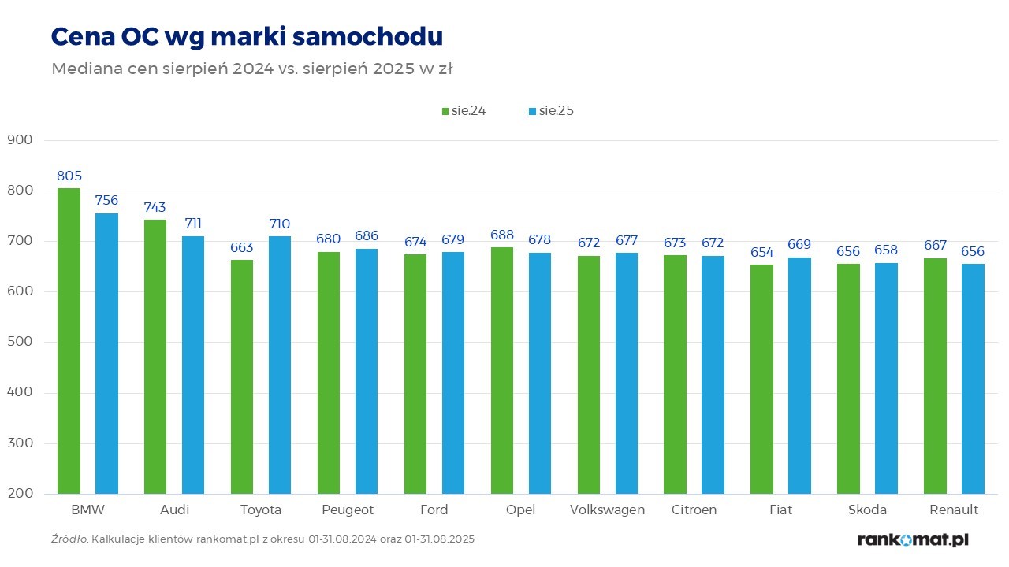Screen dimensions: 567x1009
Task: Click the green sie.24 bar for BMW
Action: (69, 341)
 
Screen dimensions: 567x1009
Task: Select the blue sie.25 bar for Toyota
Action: (280, 365)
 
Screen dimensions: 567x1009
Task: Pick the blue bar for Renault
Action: (973, 379)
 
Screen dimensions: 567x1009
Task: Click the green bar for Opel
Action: (502, 371)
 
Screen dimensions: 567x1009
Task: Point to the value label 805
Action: (69, 176)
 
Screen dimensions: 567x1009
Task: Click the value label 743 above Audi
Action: (155, 207)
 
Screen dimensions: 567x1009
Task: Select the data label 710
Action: (279, 224)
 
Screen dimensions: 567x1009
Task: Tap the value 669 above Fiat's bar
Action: (799, 244)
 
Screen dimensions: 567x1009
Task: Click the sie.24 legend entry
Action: (464, 111)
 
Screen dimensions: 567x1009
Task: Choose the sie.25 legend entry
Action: (551, 111)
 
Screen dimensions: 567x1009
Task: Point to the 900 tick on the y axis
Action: (19, 140)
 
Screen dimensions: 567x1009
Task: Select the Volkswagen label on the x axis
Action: (607, 510)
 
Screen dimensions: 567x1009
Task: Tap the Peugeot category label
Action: (348, 510)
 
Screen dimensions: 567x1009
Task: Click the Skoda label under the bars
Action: (867, 510)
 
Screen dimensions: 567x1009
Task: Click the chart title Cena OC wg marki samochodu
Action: (247, 36)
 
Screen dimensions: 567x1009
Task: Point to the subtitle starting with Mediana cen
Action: (251, 69)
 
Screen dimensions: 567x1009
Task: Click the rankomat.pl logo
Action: (912, 539)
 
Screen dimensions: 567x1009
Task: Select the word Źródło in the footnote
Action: (69, 539)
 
